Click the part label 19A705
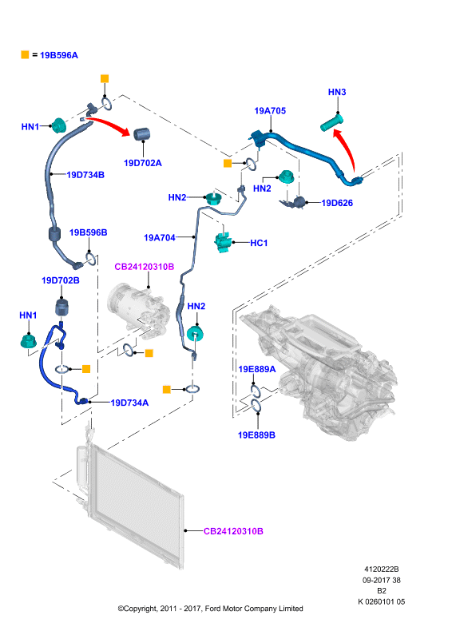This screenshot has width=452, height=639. tap(270, 111)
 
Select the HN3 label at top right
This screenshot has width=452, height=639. tap(337, 92)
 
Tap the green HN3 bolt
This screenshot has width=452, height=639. tap(331, 124)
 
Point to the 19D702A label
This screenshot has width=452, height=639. tap(143, 163)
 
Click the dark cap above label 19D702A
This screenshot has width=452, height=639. tap(142, 133)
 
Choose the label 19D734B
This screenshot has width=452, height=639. tap(85, 175)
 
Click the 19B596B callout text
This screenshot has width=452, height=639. tap(89, 232)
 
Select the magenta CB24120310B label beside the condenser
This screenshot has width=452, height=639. tap(233, 531)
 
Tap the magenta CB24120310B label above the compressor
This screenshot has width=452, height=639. tap(145, 267)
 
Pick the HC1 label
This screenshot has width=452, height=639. tap(259, 243)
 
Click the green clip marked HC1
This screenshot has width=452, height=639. tap(223, 242)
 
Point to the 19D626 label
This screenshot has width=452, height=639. tap(337, 203)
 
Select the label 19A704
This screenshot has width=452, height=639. tap(160, 237)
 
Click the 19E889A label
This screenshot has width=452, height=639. tap(257, 369)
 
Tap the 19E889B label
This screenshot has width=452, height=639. tap(256, 435)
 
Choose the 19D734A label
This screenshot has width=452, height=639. tap(129, 403)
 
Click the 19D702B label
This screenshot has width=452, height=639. tap(61, 280)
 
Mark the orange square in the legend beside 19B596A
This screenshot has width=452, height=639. tap(25, 54)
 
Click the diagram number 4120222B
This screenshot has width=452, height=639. tap(382, 570)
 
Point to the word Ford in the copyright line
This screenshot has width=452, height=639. tap(213, 609)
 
